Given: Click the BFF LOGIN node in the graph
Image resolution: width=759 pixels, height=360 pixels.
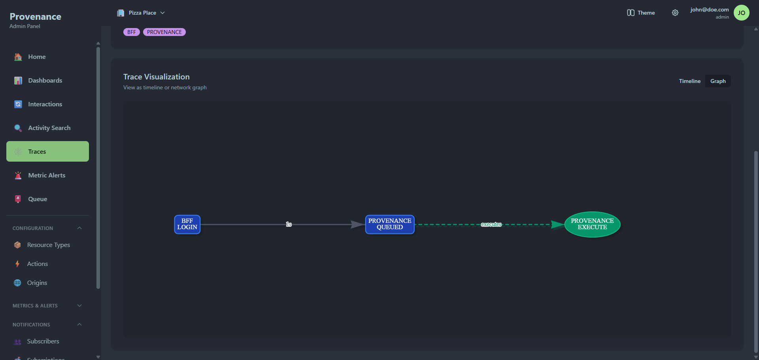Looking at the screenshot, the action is (187, 224).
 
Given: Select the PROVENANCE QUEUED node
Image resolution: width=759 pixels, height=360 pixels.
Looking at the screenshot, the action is (389, 224).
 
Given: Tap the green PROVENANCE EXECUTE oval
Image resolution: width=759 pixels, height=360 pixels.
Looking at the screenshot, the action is (592, 224).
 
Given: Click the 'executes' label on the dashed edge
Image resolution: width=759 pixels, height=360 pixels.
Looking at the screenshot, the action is (491, 224).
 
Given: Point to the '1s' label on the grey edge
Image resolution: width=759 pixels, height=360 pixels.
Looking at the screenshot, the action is (289, 224).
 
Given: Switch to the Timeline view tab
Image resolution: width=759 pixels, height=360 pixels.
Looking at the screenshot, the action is (689, 81).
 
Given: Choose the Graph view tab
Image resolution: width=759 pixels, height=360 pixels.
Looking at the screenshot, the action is (717, 81).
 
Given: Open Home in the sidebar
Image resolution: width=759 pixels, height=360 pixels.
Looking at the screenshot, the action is (37, 57).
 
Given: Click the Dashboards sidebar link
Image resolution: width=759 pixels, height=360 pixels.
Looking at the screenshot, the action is (45, 81).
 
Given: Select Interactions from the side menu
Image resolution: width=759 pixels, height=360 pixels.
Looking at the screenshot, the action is (45, 104).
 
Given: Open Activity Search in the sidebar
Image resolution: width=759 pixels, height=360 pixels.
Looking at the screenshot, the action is (49, 128).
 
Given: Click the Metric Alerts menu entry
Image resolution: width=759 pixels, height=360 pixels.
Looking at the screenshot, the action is (47, 175).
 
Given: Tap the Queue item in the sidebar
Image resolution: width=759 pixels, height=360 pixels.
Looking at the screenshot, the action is (38, 199).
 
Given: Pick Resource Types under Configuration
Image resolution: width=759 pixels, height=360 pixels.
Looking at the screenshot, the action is (48, 245).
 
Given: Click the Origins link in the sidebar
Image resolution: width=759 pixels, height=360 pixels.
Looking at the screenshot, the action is (37, 283).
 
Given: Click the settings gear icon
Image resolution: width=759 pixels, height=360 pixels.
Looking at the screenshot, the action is (675, 13).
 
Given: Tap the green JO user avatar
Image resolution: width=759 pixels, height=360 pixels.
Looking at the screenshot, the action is (741, 13).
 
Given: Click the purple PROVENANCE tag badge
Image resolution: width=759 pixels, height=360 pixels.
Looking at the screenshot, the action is (164, 32).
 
